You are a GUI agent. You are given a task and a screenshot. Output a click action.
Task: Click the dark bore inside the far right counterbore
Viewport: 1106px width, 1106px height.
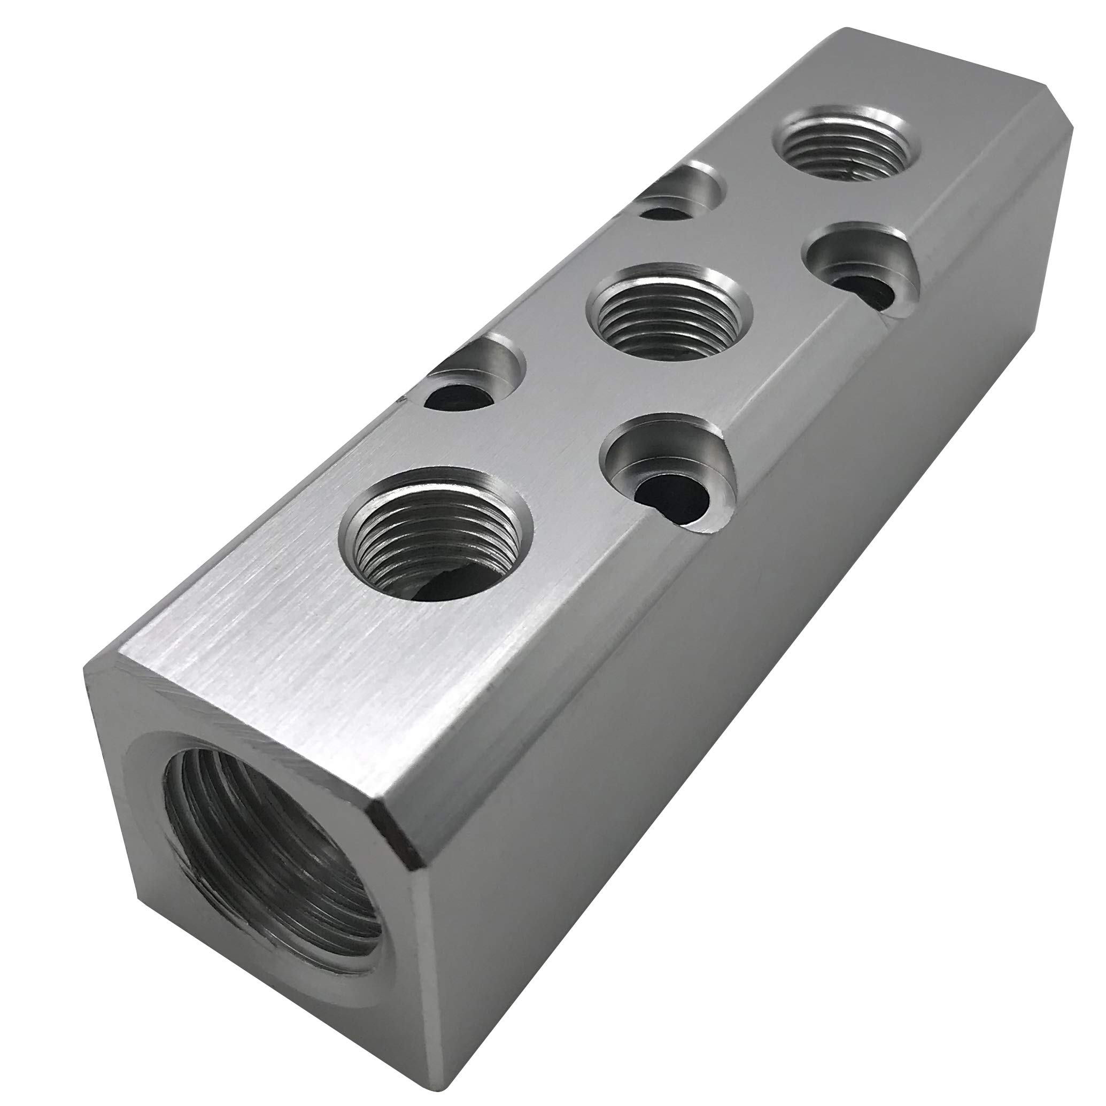[864, 292]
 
